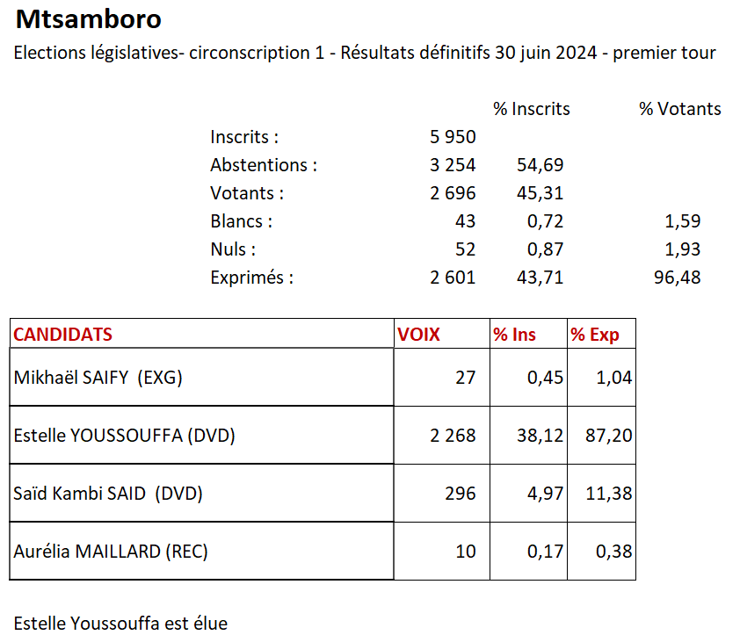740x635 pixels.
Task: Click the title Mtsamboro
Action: [x=89, y=19]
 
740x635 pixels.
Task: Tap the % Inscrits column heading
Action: [x=531, y=109]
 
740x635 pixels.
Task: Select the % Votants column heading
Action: [x=679, y=109]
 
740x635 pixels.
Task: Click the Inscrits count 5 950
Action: [x=453, y=137]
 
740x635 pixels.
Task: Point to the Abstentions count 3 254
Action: [x=453, y=165]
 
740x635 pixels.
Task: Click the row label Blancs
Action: [x=241, y=221]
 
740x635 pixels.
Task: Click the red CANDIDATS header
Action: [x=63, y=335]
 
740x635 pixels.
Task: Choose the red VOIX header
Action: [x=418, y=335]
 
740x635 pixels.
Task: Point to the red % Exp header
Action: [x=594, y=335]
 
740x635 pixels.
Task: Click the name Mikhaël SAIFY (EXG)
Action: [x=98, y=378]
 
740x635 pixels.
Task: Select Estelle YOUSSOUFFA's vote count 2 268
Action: [x=453, y=435]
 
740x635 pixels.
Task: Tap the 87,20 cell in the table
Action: [x=609, y=435]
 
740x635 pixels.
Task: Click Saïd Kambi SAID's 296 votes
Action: [x=460, y=494]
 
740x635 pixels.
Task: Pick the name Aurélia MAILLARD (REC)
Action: [x=111, y=552]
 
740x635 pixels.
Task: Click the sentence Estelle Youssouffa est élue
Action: [x=120, y=624]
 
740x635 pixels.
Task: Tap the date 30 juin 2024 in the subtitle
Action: [x=546, y=53]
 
